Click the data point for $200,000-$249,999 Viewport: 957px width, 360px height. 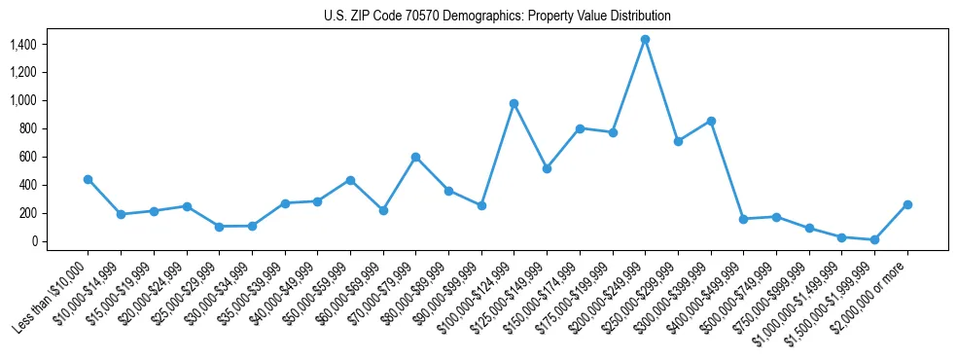tap(645, 39)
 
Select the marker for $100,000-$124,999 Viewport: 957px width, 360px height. tap(514, 103)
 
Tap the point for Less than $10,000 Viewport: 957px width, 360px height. tap(88, 179)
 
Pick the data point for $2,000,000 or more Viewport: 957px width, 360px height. tap(907, 204)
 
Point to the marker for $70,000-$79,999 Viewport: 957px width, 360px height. tap(415, 157)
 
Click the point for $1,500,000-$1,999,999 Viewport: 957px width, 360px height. tap(874, 239)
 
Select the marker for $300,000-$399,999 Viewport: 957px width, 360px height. tap(711, 121)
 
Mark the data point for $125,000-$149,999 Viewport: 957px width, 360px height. tap(547, 168)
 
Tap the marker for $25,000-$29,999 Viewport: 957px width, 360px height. tap(219, 227)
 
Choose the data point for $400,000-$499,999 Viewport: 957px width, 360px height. tap(743, 219)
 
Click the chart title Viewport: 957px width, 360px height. tap(497, 17)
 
